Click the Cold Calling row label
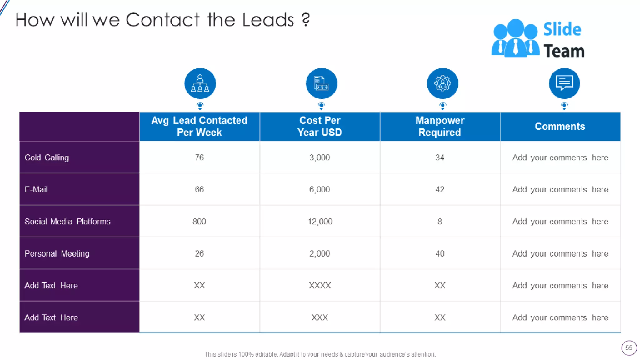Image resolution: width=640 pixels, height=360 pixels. [x=47, y=157]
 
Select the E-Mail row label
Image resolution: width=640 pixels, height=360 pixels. [x=36, y=190]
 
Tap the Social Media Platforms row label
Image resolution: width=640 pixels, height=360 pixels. [x=67, y=222]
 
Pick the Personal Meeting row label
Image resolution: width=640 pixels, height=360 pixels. [x=57, y=254]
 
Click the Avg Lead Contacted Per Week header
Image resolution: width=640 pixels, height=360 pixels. [x=199, y=126]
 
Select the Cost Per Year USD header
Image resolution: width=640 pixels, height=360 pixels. [x=320, y=126]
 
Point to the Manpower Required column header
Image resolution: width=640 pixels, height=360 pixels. [x=440, y=126]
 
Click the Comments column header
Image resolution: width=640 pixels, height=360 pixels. [x=560, y=126]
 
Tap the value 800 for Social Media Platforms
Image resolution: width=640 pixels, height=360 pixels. [x=199, y=222]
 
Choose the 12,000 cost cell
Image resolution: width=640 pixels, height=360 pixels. [x=320, y=222]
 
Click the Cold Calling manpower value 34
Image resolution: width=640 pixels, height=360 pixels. [x=440, y=157]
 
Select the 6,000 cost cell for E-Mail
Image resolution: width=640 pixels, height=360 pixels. [x=320, y=190]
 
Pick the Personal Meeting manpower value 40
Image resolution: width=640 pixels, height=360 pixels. [x=440, y=254]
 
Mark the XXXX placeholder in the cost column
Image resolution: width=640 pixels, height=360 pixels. [x=320, y=286]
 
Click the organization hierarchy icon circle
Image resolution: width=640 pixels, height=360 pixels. [x=200, y=83]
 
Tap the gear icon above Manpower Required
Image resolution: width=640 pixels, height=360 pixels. [x=442, y=83]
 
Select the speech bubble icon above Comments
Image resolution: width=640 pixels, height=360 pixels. [x=564, y=83]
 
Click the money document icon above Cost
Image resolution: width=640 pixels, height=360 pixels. [x=321, y=83]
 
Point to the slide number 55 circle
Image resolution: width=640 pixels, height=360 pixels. [x=629, y=348]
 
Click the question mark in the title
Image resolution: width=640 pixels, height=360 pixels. [x=306, y=19]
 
